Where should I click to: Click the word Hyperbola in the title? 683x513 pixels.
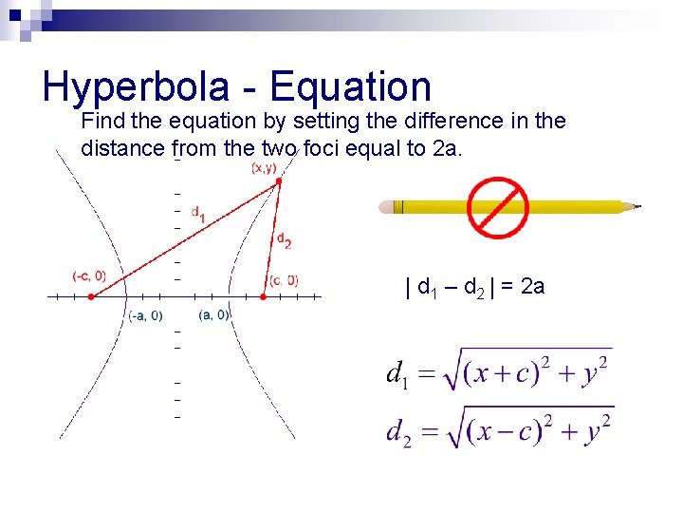click(135, 87)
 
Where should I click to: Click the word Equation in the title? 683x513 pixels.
click(351, 87)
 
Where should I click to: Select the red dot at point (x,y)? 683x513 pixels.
click(278, 180)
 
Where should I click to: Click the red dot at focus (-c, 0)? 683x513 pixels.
click(91, 296)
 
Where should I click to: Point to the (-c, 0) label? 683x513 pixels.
click(89, 276)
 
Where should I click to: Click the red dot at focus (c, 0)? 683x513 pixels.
click(264, 296)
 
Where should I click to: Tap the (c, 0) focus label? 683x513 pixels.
click(283, 280)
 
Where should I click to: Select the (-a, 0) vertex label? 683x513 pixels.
click(145, 316)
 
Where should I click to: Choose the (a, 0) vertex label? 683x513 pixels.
click(213, 315)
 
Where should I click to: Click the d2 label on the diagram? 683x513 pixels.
click(283, 240)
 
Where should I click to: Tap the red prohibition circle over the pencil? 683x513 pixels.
click(497, 207)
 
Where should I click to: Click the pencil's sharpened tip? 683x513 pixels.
click(637, 206)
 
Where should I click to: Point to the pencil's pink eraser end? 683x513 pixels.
click(384, 206)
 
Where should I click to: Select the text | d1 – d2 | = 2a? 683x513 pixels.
click(474, 287)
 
